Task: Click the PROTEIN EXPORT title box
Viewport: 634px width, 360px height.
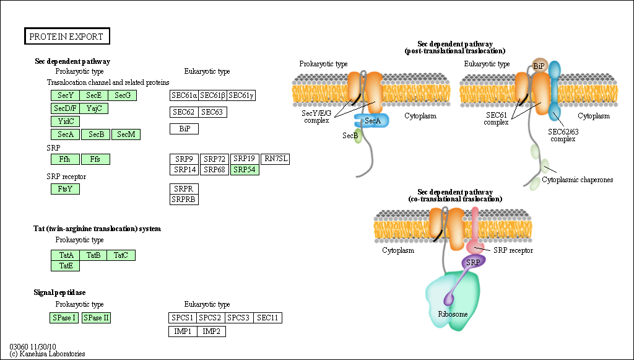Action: [x=66, y=37]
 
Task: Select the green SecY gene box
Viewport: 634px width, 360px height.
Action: [x=65, y=95]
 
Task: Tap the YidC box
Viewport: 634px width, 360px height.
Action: [x=65, y=121]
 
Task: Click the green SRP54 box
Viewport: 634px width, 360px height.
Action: [x=245, y=170]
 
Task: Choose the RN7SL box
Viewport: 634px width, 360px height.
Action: [x=276, y=159]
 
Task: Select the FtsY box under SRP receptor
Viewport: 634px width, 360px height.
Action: [x=65, y=189]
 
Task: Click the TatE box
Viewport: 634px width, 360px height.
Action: [x=65, y=266]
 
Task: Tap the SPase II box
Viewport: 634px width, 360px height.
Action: [x=96, y=318]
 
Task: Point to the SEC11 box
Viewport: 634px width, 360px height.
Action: [x=268, y=318]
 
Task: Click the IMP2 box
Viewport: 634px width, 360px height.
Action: [x=212, y=331]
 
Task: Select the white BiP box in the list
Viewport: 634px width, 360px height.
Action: [x=184, y=129]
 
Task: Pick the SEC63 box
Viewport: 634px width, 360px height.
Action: [x=212, y=112]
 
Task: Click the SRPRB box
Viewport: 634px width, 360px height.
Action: [x=184, y=200]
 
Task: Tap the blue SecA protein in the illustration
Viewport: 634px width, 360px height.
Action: [x=371, y=121]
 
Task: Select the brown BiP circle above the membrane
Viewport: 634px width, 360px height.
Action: [x=539, y=65]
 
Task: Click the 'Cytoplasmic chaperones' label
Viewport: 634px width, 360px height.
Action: [x=577, y=180]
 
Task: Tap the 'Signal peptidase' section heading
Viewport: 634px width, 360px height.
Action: [x=59, y=292]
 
